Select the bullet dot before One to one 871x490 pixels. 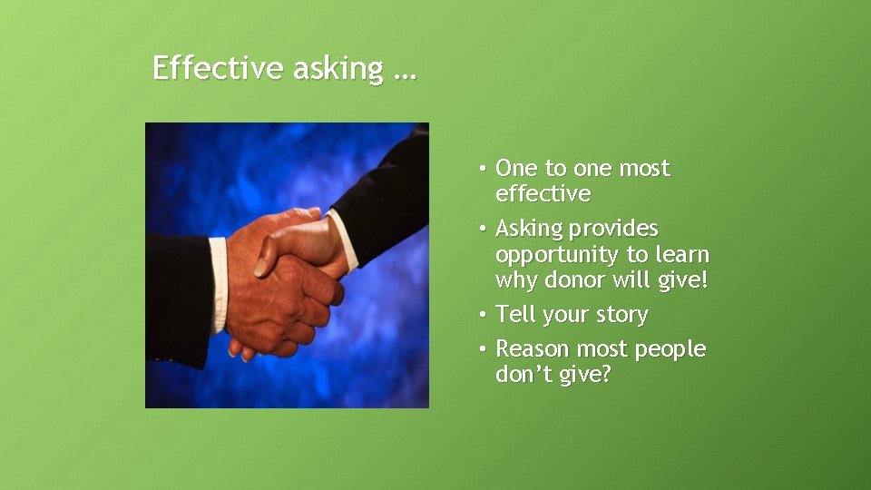click(x=485, y=168)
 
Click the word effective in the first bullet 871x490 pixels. click(x=543, y=194)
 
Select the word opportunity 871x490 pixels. click(x=557, y=256)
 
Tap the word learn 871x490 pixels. click(x=680, y=255)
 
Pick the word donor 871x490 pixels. click(x=576, y=280)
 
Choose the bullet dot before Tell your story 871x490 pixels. click(x=485, y=315)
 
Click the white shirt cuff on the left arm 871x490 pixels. click(x=218, y=286)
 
